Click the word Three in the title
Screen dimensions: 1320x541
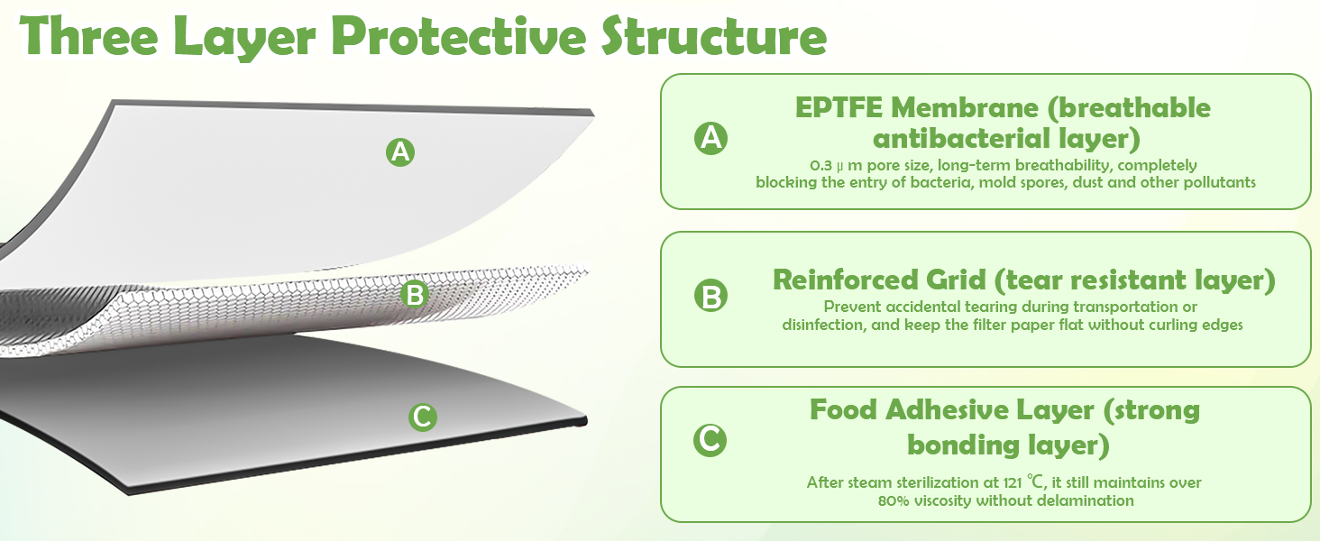click(x=89, y=36)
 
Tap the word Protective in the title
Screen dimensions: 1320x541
click(x=458, y=36)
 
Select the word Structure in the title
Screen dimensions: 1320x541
click(x=714, y=36)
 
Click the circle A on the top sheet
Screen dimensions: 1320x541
click(x=400, y=152)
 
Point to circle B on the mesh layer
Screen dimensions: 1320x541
click(x=414, y=294)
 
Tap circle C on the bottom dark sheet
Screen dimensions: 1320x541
click(x=423, y=417)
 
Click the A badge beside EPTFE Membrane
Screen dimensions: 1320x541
click(x=710, y=139)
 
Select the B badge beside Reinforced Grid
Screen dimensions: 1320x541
click(x=710, y=296)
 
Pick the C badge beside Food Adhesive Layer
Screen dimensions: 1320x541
click(x=710, y=440)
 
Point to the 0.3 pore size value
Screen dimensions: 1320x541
click(x=820, y=165)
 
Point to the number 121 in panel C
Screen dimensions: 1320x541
click(x=1012, y=482)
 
